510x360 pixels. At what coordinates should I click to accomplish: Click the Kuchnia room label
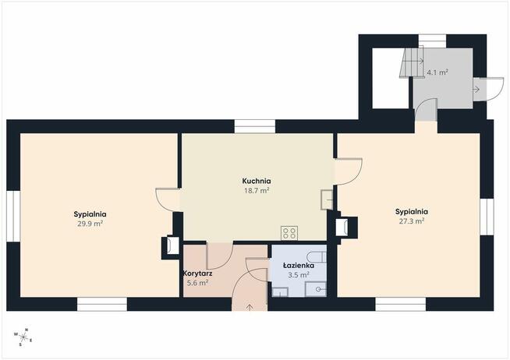click(257, 181)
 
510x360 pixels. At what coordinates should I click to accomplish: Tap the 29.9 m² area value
click(90, 224)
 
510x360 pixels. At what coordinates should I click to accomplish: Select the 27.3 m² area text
click(412, 221)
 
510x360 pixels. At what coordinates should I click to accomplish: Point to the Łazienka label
click(298, 266)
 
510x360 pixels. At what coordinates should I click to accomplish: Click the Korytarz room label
click(198, 274)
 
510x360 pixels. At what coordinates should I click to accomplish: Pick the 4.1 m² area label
click(437, 72)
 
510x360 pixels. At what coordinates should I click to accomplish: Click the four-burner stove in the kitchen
click(289, 233)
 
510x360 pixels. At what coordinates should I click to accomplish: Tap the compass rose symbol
click(23, 337)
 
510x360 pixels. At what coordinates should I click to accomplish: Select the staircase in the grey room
click(412, 62)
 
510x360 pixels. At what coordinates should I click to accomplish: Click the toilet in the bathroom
click(317, 256)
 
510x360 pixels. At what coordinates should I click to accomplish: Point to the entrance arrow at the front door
click(250, 307)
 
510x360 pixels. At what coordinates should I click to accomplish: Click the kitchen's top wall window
click(255, 126)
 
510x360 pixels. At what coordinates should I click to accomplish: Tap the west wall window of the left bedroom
click(13, 216)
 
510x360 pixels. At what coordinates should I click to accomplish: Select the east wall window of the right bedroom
click(487, 217)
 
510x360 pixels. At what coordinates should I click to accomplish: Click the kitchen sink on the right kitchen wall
click(327, 199)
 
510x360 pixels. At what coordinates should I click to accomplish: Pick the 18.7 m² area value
click(257, 190)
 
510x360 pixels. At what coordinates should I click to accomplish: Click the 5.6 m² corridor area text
click(197, 283)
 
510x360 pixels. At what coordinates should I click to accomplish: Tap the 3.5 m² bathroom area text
click(298, 275)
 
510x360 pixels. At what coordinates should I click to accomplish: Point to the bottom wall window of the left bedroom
click(102, 304)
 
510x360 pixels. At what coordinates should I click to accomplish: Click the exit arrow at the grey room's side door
click(476, 89)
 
